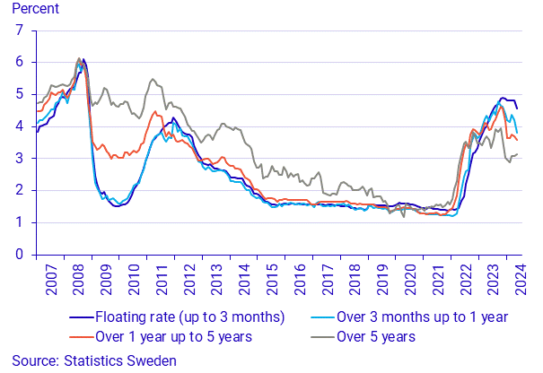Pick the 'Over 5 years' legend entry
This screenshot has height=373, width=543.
tap(376, 336)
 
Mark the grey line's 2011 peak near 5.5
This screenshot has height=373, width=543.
tap(152, 79)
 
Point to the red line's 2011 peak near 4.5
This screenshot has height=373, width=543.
tap(155, 112)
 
